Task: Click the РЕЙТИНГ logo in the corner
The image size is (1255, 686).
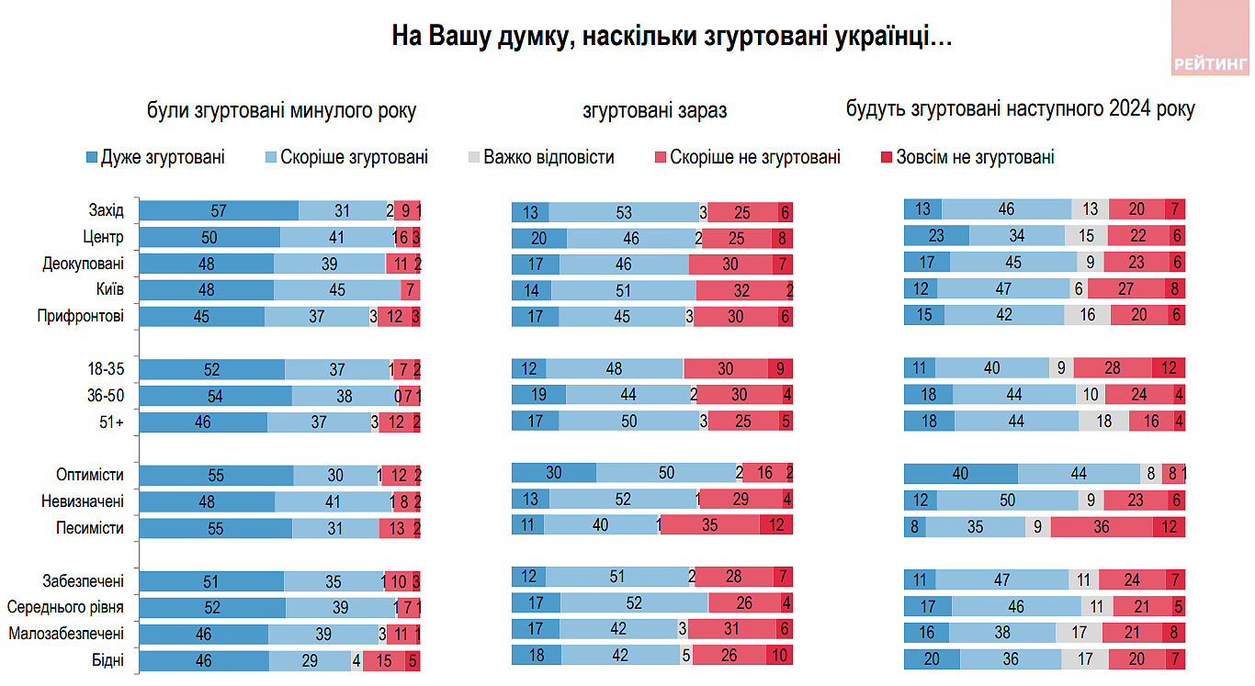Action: (x=1211, y=39)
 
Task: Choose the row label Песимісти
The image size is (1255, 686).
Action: (x=90, y=528)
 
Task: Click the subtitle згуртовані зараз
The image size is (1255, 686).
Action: (x=654, y=111)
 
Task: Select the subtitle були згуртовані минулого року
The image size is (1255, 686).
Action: (x=281, y=111)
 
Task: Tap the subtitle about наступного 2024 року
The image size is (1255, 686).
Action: (x=1020, y=109)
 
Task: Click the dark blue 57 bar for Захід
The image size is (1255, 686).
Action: (x=219, y=211)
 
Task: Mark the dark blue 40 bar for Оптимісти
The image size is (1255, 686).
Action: (x=961, y=474)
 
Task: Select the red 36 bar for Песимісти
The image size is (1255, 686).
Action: (x=1102, y=527)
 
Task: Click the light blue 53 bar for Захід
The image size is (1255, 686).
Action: (x=624, y=212)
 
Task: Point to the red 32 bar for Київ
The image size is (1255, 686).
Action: (x=741, y=290)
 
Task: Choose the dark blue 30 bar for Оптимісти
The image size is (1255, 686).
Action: (x=554, y=473)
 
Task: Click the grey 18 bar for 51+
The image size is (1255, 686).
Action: (x=1104, y=422)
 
